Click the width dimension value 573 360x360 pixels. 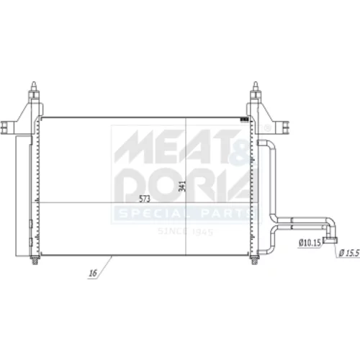[145, 199]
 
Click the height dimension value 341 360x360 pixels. [182, 186]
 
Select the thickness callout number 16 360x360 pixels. [93, 273]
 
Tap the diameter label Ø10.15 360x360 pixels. [310, 243]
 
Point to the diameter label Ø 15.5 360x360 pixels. [349, 253]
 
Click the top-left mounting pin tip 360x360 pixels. [34, 83]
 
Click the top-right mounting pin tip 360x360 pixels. [256, 83]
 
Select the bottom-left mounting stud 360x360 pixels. [35, 260]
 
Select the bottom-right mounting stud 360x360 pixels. [255, 260]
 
